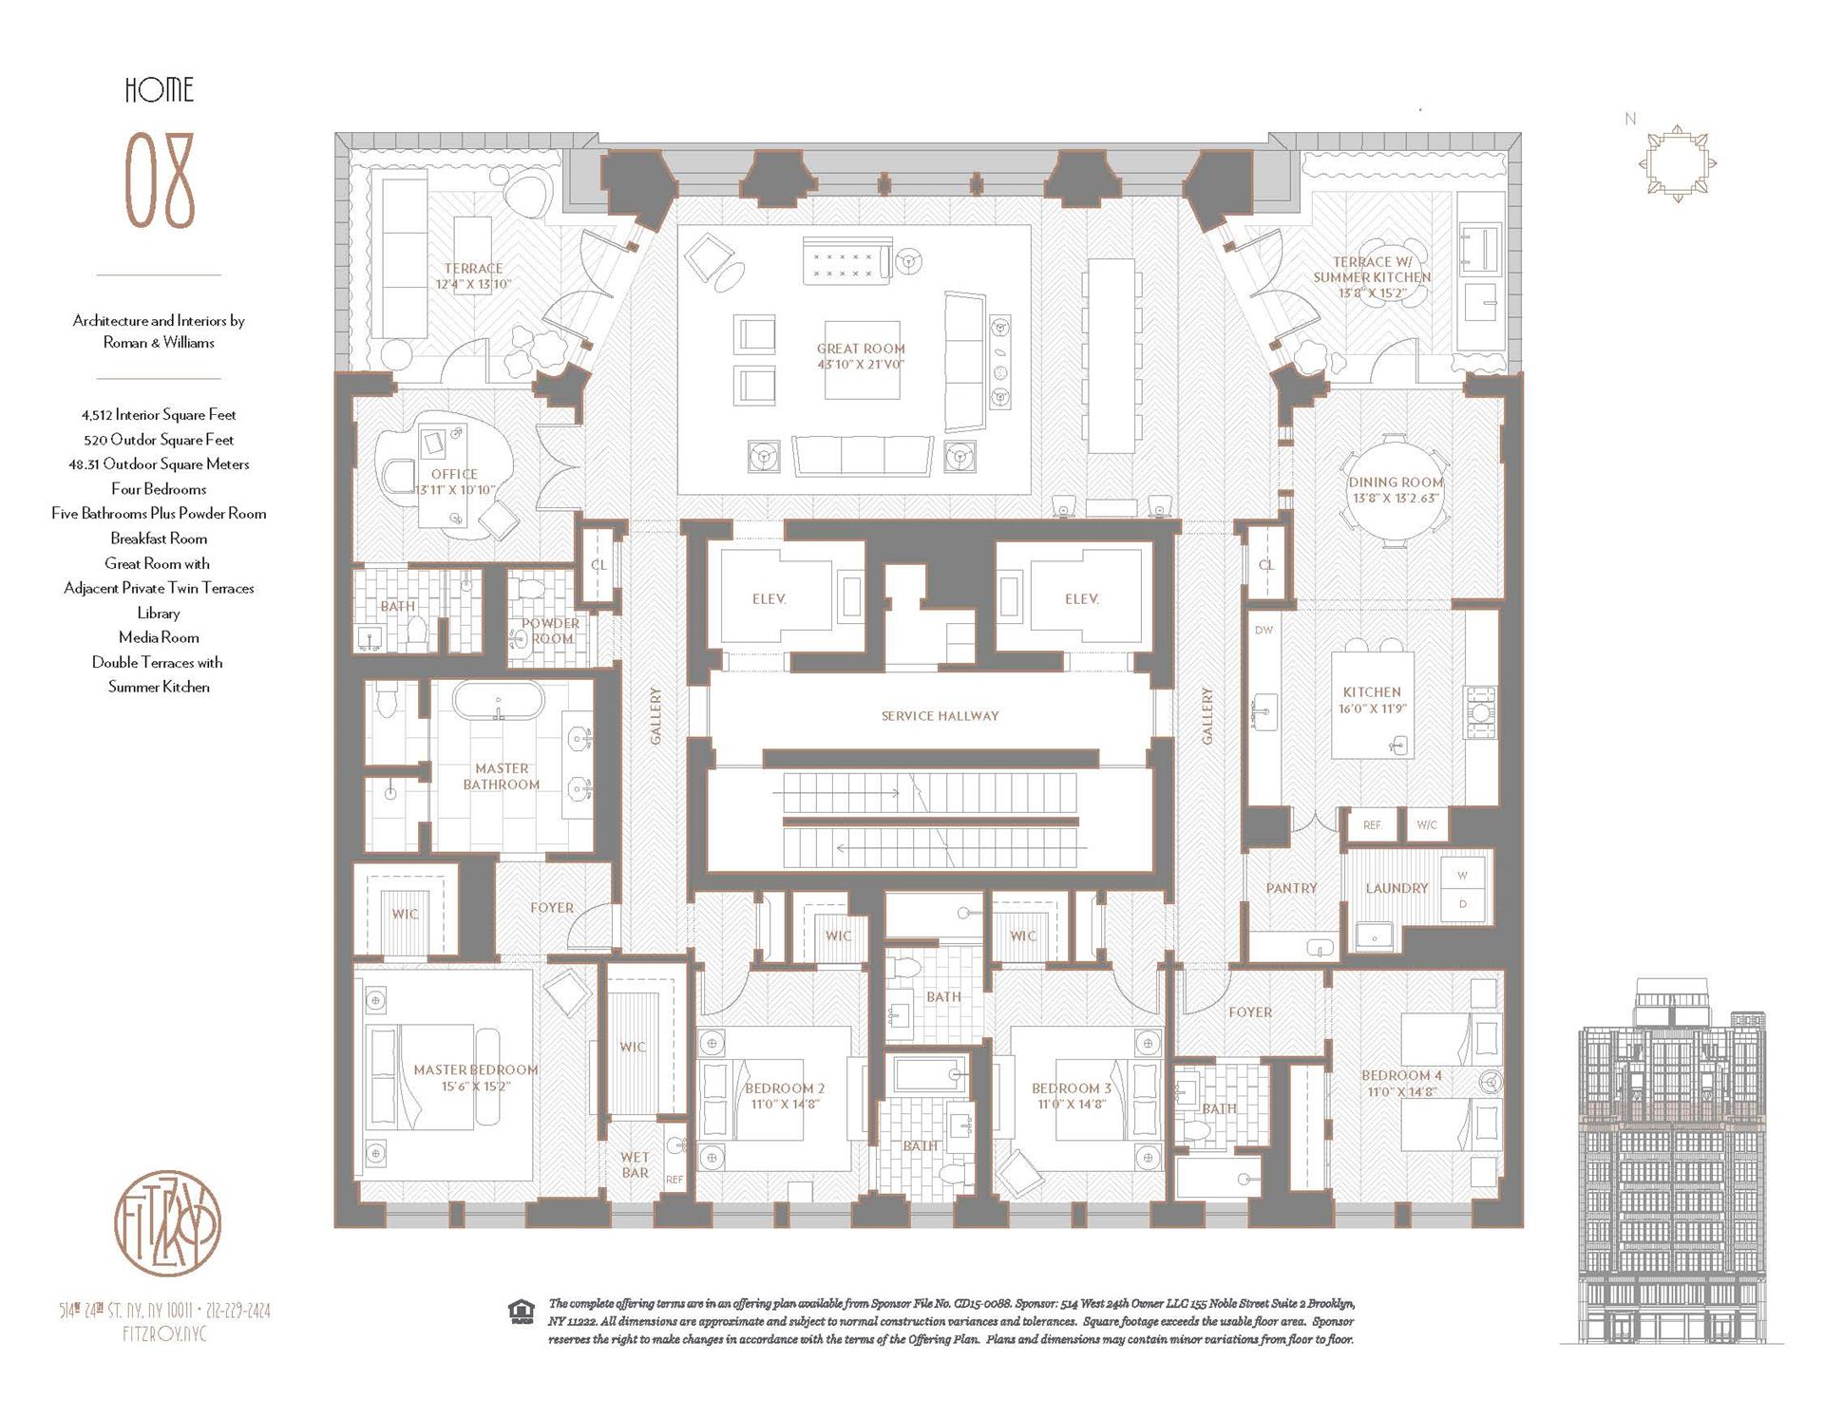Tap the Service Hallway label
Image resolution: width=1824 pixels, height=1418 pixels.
tap(940, 716)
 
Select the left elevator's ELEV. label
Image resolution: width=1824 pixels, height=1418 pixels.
tap(769, 599)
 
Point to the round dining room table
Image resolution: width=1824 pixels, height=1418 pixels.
tap(1395, 491)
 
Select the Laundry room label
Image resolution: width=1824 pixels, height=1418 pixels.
tap(1396, 888)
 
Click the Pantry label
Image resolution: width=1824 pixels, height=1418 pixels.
tap(1291, 888)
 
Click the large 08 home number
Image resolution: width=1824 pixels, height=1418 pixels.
tap(160, 181)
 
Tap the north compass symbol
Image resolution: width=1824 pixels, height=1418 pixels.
tap(1677, 162)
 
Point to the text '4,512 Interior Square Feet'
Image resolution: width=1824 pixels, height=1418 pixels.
tap(159, 415)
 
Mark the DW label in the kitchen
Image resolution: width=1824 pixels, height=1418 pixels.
tap(1263, 631)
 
